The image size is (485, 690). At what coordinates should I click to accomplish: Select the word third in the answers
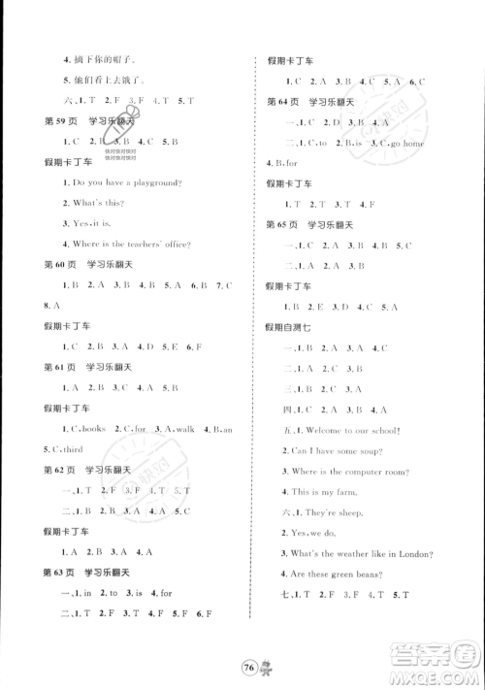coord(71,448)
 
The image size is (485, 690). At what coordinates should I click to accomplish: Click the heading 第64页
coord(280,101)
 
